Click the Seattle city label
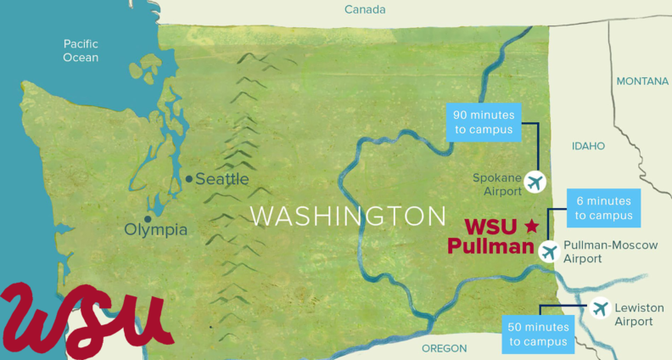222,179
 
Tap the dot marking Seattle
188,179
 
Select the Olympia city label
155,229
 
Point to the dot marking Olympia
148,218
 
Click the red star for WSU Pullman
532,226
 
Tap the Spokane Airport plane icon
535,181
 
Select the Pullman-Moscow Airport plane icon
549,251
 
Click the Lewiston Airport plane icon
601,308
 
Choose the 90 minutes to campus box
483,122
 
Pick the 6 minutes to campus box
603,208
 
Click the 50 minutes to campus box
538,335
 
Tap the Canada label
365,9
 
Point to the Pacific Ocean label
81,50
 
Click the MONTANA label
642,82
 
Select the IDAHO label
588,146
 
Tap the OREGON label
445,348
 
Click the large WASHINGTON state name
348,215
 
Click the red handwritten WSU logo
85,316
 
